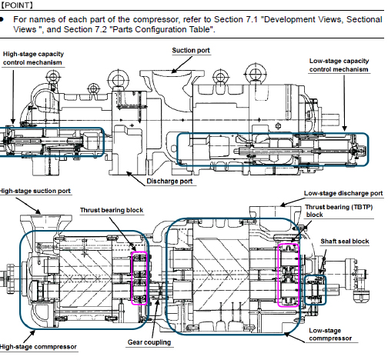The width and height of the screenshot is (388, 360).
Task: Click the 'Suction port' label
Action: pyautogui.click(x=191, y=50)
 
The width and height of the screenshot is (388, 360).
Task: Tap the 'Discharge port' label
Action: pyautogui.click(x=169, y=182)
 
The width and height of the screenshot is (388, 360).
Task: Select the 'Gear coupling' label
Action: pyautogui.click(x=149, y=342)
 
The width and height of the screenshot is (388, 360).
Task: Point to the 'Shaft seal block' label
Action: pyautogui.click(x=345, y=242)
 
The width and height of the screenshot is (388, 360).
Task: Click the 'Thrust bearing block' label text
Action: pyautogui.click(x=112, y=210)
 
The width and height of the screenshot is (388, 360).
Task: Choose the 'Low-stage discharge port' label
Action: pyautogui.click(x=343, y=193)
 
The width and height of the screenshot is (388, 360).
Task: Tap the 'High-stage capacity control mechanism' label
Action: pyautogui.click(x=33, y=58)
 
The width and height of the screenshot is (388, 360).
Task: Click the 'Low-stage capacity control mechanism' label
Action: pyautogui.click(x=339, y=65)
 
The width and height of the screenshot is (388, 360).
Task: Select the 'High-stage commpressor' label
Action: pyautogui.click(x=38, y=347)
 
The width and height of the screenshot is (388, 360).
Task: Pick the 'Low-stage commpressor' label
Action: pyautogui.click(x=330, y=335)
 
